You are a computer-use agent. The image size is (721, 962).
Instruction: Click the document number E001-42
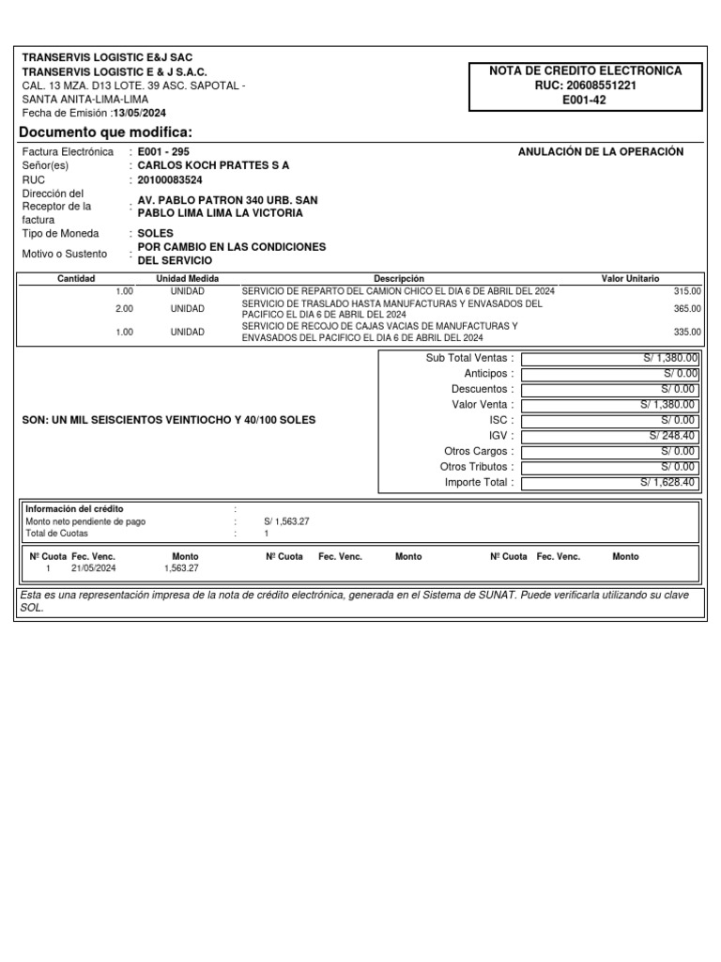(x=584, y=101)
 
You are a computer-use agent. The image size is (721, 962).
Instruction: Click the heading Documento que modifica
(x=105, y=132)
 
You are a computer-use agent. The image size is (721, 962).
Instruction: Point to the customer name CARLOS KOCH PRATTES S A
(x=213, y=165)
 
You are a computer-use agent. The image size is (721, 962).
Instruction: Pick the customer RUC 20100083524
(x=170, y=179)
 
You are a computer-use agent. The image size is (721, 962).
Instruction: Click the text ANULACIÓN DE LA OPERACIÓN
(x=601, y=152)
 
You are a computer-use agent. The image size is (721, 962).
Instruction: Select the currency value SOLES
(x=156, y=233)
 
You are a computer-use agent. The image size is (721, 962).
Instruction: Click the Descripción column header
(x=399, y=279)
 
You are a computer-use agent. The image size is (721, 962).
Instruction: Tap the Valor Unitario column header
(x=630, y=279)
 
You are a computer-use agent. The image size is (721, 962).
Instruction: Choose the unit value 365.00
(x=687, y=309)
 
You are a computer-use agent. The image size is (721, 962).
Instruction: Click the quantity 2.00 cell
(x=124, y=309)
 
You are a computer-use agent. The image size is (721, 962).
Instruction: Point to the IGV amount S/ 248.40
(x=672, y=436)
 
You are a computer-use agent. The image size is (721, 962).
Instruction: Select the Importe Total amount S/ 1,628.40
(x=668, y=483)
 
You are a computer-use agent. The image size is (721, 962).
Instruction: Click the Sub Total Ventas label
(x=469, y=358)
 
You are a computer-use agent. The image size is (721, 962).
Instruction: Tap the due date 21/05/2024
(x=94, y=568)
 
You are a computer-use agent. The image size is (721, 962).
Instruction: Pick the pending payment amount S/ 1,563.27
(x=286, y=521)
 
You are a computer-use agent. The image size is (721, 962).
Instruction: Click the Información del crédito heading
(x=74, y=509)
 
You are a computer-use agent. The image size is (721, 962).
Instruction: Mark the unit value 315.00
(x=687, y=292)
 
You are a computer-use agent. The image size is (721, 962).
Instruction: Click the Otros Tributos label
(x=477, y=467)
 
